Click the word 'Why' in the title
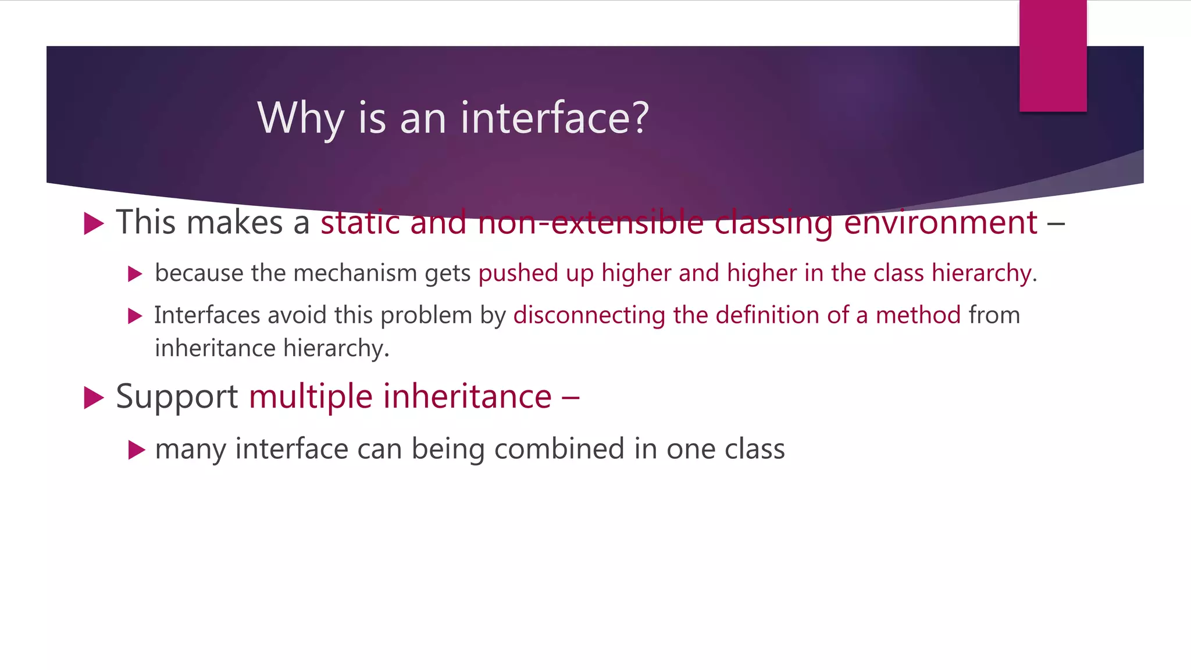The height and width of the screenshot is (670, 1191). tap(300, 118)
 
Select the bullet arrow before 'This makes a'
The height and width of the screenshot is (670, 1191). tap(94, 223)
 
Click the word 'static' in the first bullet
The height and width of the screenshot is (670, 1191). tap(360, 222)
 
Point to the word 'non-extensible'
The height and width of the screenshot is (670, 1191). tap(590, 222)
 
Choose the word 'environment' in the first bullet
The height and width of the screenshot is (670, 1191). tap(940, 222)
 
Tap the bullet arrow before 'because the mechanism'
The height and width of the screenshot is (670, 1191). tap(135, 274)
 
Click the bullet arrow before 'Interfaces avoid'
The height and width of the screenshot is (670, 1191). tap(135, 316)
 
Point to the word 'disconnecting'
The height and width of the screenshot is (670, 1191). tap(589, 315)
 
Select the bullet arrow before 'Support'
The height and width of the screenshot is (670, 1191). tap(94, 398)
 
